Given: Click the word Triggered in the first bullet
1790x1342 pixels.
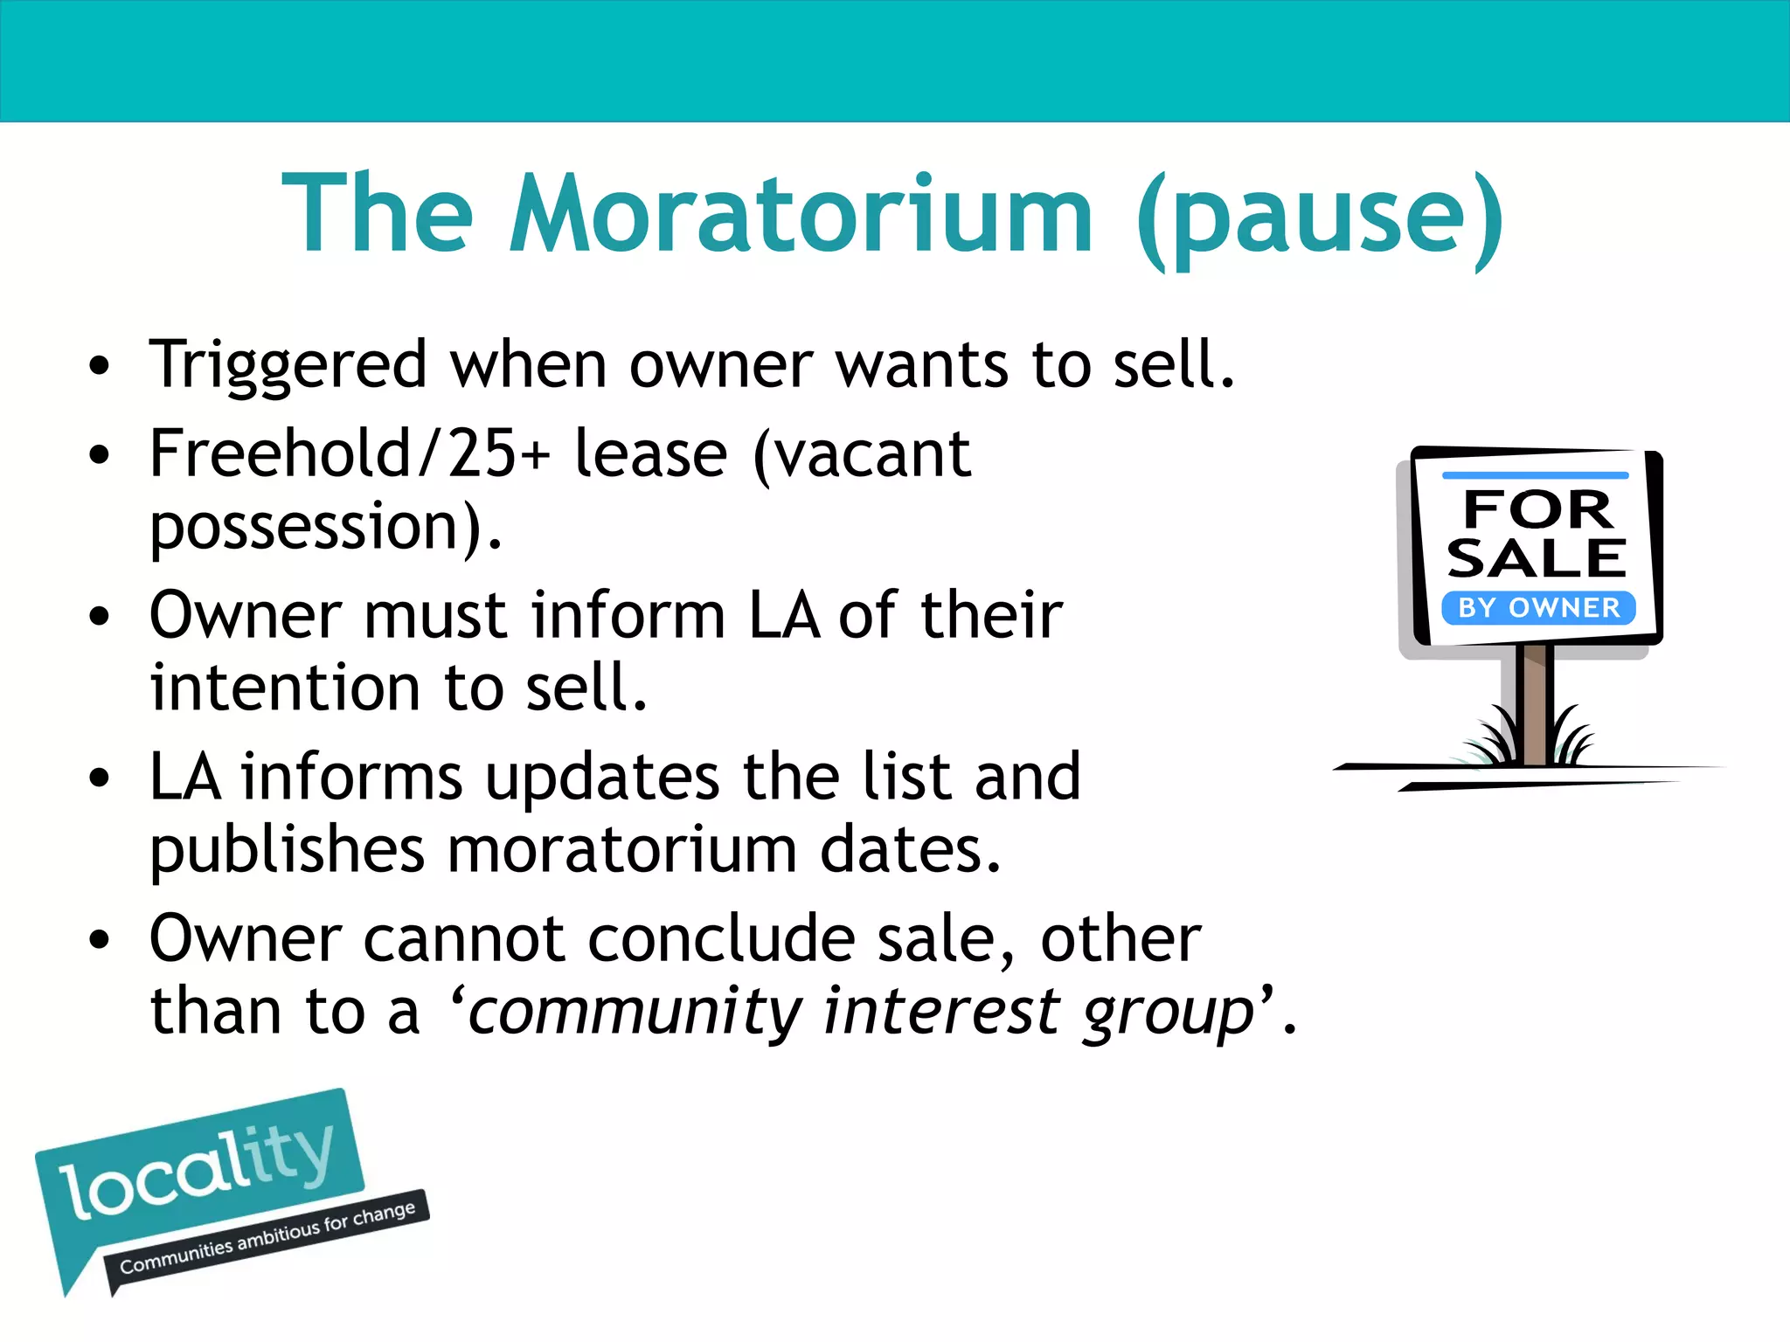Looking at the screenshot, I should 288,365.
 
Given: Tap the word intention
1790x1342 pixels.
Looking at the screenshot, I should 287,688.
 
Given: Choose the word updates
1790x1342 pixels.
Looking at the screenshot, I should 602,778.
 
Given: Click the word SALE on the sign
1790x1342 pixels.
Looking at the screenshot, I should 1536,558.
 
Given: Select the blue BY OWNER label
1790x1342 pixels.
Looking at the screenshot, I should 1538,607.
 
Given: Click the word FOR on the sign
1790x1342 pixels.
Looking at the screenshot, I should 1537,509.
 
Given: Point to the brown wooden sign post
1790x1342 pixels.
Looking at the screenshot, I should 1534,703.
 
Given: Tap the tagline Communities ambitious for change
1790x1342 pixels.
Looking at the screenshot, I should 267,1238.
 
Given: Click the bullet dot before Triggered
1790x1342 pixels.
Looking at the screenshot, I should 100,366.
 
